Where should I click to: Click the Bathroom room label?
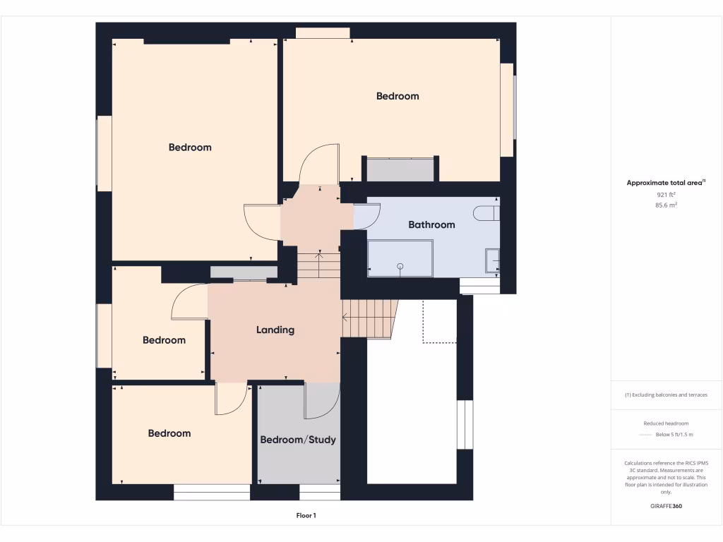tap(431, 224)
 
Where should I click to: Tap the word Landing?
tap(275, 330)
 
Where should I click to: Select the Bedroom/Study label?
tap(298, 440)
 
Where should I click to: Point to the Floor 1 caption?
tap(306, 516)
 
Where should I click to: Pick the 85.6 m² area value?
tap(666, 205)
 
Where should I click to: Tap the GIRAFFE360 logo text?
tap(666, 506)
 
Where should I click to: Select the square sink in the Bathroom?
tap(492, 260)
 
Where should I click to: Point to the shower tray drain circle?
tap(400, 266)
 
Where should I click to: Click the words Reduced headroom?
tap(666, 423)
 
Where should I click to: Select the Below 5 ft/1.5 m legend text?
tap(674, 435)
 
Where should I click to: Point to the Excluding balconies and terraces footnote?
tap(666, 395)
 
